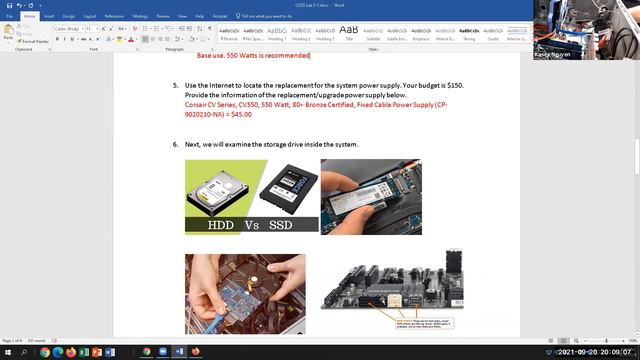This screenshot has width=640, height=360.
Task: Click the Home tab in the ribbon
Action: point(29,16)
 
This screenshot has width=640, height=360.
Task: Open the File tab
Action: point(9,16)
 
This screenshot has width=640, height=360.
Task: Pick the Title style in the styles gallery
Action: point(349,33)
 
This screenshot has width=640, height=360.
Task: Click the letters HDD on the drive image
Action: point(220,225)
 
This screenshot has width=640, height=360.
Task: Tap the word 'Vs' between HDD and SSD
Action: point(253,225)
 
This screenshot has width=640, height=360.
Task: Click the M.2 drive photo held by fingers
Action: point(371,197)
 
